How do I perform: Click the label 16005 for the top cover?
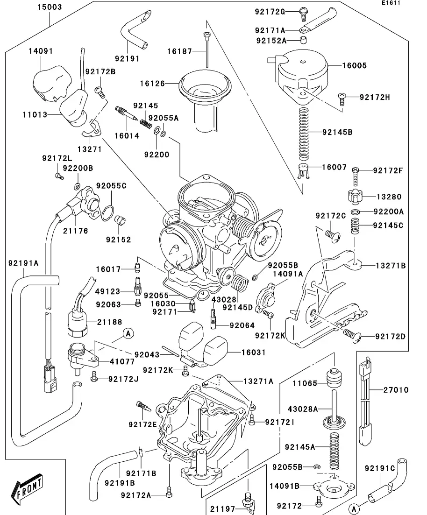pyautogui.click(x=354, y=66)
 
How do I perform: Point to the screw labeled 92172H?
pyautogui.click(x=342, y=97)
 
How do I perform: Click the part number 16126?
pyautogui.click(x=152, y=84)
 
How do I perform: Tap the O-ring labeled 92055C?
pyautogui.click(x=108, y=212)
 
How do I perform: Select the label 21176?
pyautogui.click(x=75, y=231)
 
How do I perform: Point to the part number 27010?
pyautogui.click(x=395, y=390)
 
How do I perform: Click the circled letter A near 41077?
pyautogui.click(x=128, y=333)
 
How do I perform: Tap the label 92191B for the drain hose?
pyautogui.click(x=120, y=482)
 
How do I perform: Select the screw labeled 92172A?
pyautogui.click(x=169, y=491)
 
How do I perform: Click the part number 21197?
pyautogui.click(x=223, y=508)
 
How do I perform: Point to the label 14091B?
pyautogui.click(x=285, y=486)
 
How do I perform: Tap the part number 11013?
pyautogui.click(x=35, y=113)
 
